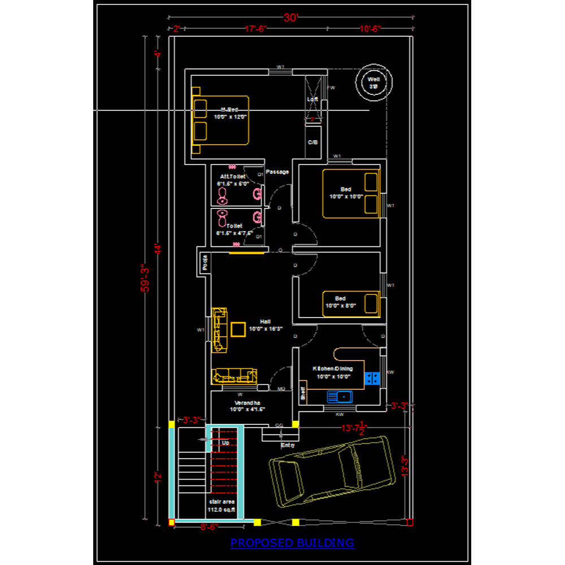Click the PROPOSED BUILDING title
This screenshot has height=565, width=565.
pos(292,543)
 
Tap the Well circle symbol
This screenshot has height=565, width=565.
pos(373,83)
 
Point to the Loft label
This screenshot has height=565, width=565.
pos(312,99)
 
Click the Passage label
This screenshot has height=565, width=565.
pos(277,172)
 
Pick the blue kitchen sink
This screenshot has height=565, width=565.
pos(339,397)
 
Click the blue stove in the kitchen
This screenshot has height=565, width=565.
pos(372,378)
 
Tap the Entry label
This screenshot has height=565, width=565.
pos(288,445)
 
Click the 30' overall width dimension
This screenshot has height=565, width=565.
pos(290,18)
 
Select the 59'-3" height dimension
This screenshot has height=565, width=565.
pos(145,278)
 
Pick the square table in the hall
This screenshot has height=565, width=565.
pos(238,329)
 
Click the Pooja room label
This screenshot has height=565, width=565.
pos(205,262)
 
